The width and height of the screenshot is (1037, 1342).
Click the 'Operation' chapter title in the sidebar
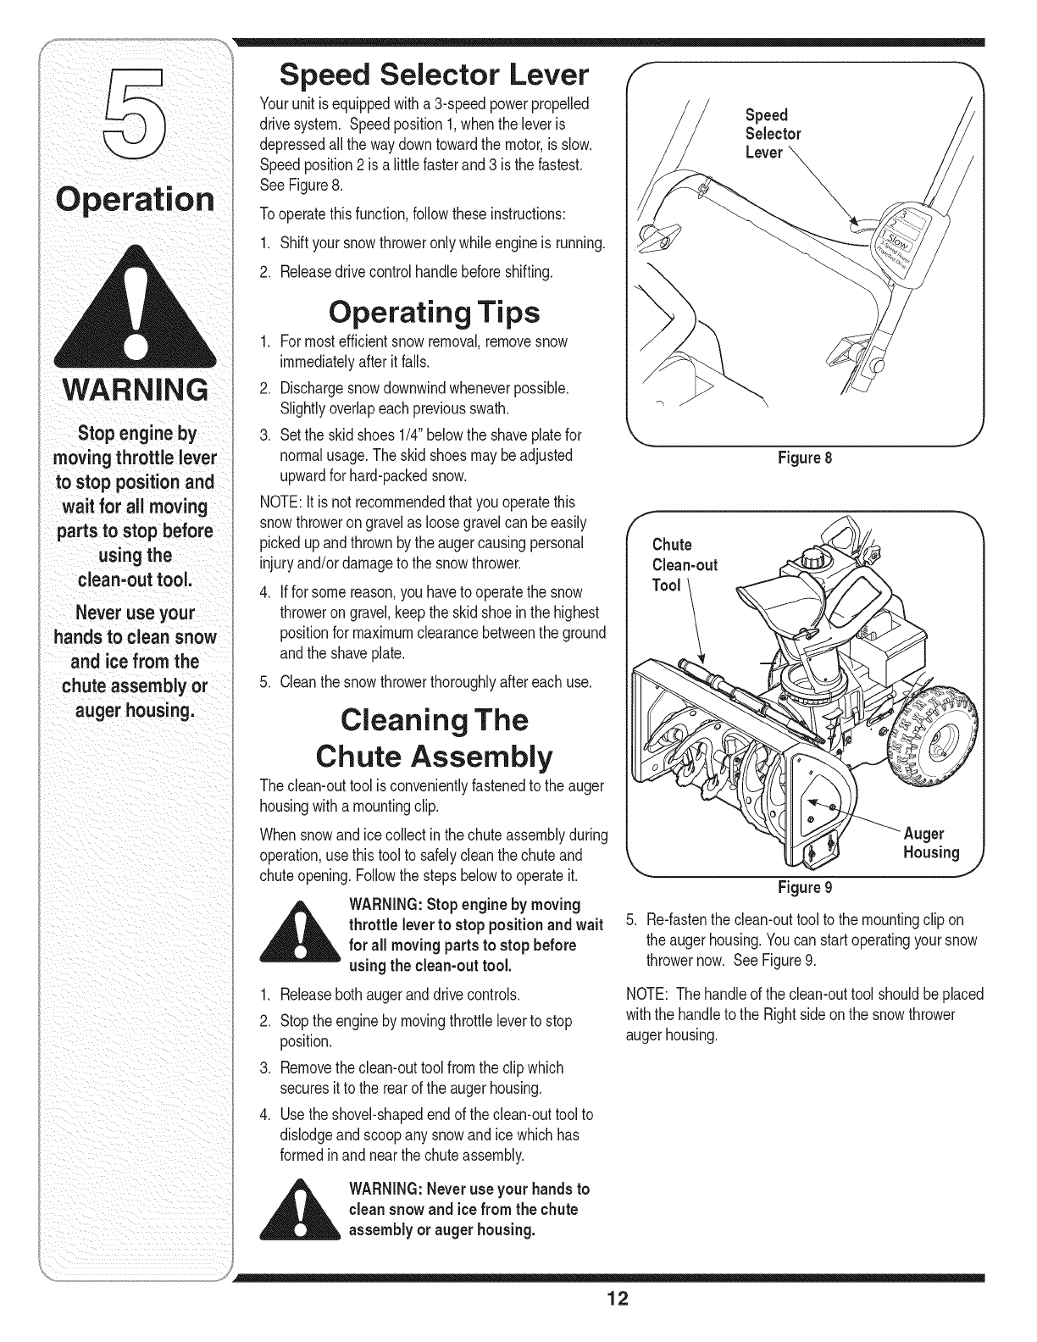(136, 198)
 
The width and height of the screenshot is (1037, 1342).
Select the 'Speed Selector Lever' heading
(434, 75)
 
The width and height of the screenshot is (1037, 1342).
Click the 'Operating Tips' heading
(434, 313)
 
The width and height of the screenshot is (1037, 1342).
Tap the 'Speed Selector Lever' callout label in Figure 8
(772, 133)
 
